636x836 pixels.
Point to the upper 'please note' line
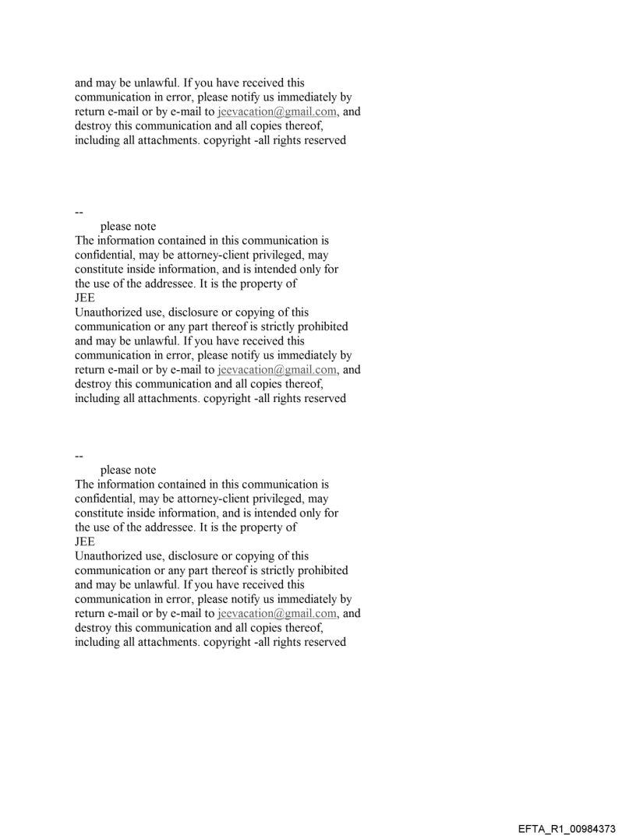(x=128, y=227)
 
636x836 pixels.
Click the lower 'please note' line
(x=128, y=470)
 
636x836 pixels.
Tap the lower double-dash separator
(x=79, y=455)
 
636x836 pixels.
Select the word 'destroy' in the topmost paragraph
(x=93, y=126)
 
